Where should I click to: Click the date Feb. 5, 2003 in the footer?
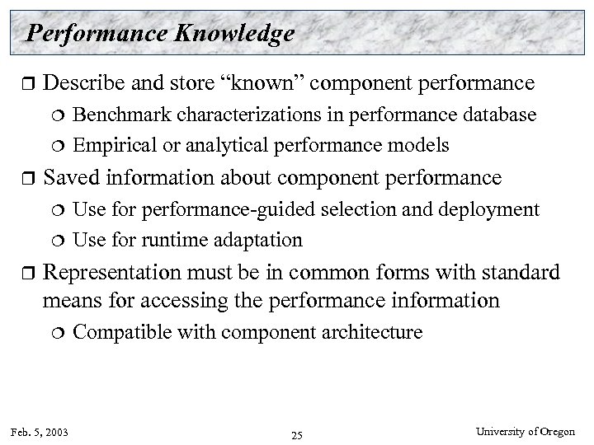point(40,431)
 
